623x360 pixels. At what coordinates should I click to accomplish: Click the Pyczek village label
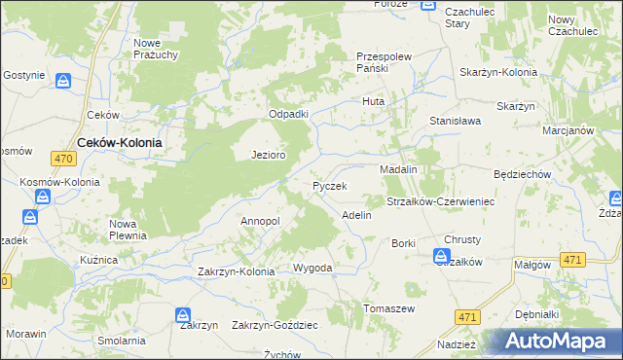[x=329, y=185]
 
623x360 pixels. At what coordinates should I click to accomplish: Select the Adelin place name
[x=356, y=215]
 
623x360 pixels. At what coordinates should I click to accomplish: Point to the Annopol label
[x=260, y=222]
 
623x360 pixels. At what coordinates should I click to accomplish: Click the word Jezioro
[x=268, y=155]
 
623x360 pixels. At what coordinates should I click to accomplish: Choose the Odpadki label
[x=289, y=114]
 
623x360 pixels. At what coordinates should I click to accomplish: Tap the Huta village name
[x=374, y=101]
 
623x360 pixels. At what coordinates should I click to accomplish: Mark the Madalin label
[x=398, y=169]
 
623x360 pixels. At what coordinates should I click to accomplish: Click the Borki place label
[x=403, y=242]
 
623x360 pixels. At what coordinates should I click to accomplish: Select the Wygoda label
[x=312, y=268]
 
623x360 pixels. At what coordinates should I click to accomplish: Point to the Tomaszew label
[x=389, y=308]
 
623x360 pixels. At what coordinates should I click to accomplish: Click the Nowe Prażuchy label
[x=156, y=49]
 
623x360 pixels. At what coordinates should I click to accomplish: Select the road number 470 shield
[x=64, y=159]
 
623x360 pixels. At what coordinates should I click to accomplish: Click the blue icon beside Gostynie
[x=63, y=82]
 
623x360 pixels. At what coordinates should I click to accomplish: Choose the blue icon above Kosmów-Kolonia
[x=43, y=196]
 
